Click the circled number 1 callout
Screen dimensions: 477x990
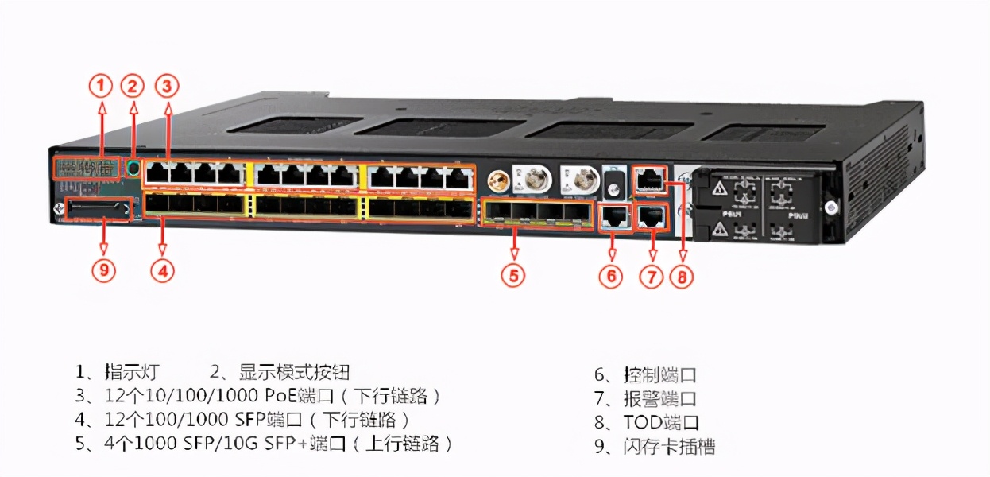click(100, 84)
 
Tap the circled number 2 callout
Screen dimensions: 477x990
click(132, 85)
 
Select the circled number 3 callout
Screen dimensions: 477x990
click(165, 84)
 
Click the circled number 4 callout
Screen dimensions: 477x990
click(162, 270)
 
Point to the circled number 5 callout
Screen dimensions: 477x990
click(513, 275)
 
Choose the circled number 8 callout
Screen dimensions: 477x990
click(681, 277)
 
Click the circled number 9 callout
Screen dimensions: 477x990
click(103, 270)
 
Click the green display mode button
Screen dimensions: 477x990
click(133, 168)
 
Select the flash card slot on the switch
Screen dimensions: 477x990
click(97, 210)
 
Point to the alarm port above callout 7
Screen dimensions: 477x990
click(652, 215)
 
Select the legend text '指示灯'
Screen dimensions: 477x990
click(132, 371)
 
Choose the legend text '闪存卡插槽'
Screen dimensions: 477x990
click(669, 446)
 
